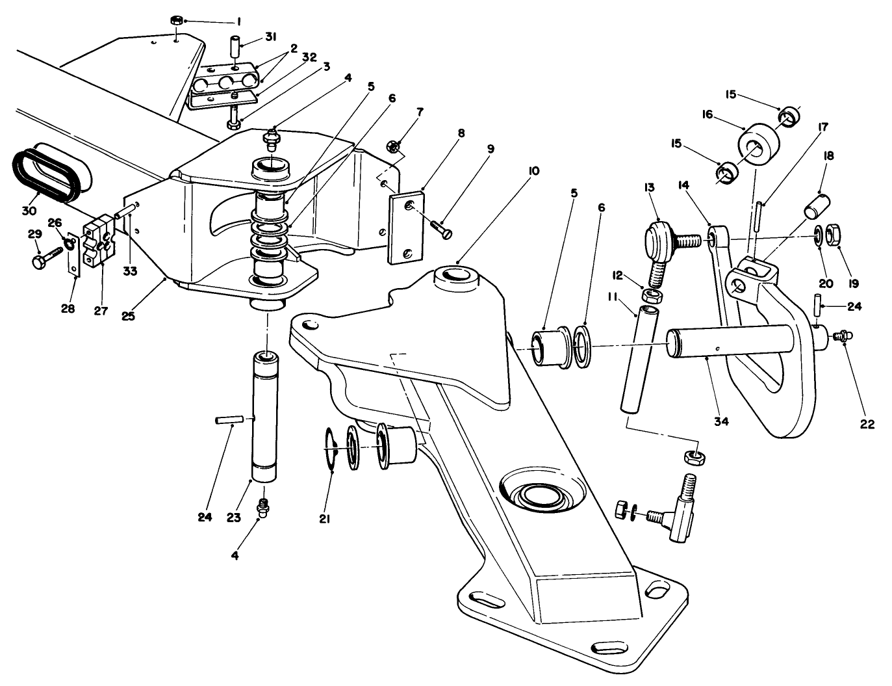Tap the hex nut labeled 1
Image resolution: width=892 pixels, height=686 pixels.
176,20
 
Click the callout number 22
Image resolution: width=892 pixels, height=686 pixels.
868,425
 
